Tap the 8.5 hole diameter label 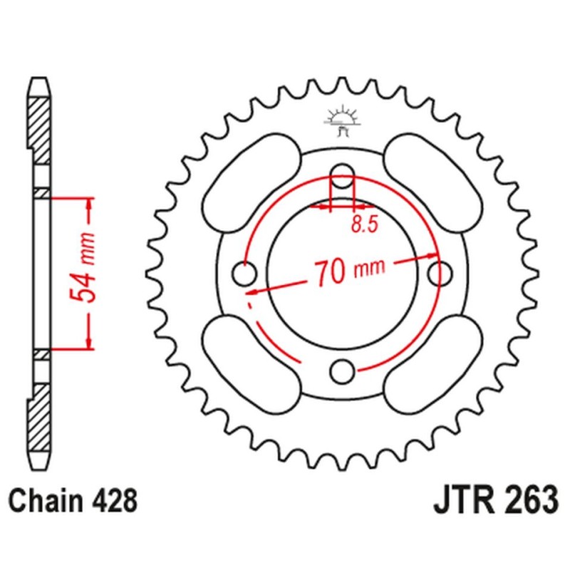[x=363, y=225]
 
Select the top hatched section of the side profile [x=40, y=121]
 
